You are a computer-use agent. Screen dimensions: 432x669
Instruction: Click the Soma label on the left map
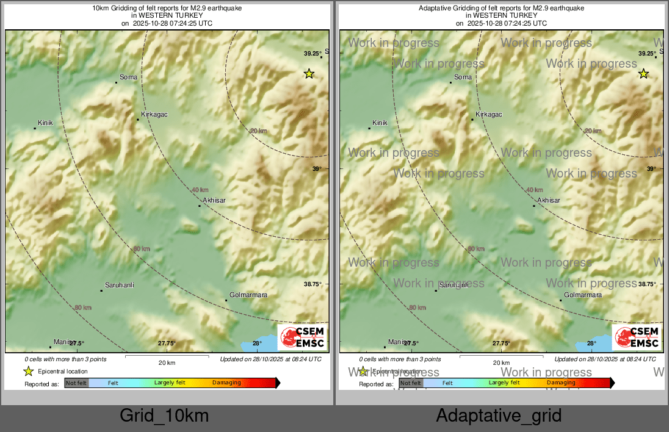pos(128,77)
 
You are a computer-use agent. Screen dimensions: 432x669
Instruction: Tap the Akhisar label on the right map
pos(548,200)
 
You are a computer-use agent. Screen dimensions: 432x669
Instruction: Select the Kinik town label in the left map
pos(46,123)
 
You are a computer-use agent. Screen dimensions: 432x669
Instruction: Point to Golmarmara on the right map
pos(582,295)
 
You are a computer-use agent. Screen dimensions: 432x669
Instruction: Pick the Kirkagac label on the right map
pos(488,115)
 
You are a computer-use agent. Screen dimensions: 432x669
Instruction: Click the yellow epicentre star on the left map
pos(309,74)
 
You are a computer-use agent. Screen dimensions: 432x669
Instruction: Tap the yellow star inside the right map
pos(643,74)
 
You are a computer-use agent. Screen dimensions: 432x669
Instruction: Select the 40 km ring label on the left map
pos(200,190)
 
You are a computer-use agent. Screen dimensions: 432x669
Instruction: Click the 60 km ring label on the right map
pos(476,249)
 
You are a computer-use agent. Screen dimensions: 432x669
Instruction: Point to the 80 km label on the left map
pos(82,308)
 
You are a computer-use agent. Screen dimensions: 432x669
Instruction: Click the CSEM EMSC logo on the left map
pos(302,337)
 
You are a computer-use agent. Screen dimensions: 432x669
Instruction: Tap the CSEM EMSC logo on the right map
pos(637,337)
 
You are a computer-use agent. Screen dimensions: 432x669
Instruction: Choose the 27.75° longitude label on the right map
pos(501,344)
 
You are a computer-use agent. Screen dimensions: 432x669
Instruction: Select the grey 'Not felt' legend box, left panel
pos(77,383)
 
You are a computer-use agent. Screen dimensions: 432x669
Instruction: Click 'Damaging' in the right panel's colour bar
pos(560,383)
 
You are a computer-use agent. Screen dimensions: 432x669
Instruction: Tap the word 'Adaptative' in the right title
pos(437,9)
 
